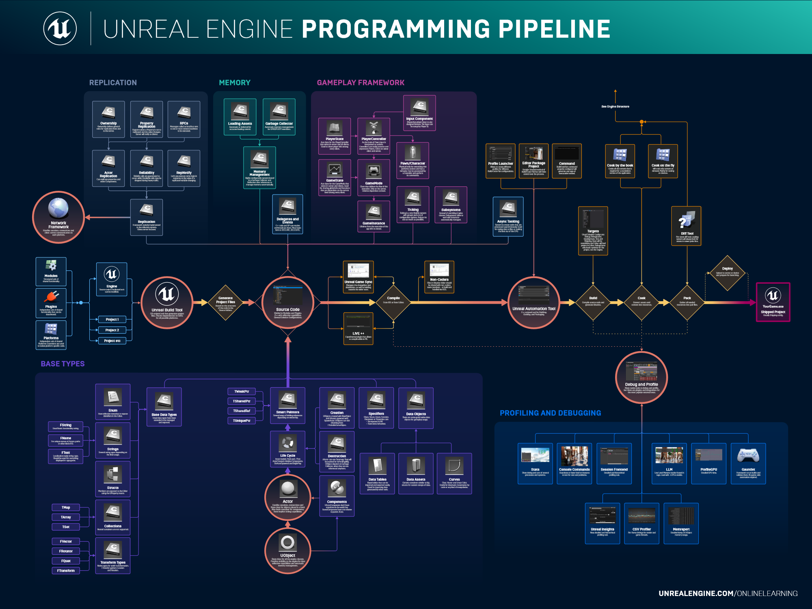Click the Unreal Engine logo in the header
tap(60, 28)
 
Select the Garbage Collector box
tap(279, 117)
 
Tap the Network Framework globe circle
tap(58, 217)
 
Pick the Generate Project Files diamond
tap(226, 302)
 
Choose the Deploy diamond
tap(727, 272)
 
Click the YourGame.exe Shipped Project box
tap(773, 302)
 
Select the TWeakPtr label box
tap(242, 391)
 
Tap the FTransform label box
tap(66, 570)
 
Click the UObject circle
tap(287, 550)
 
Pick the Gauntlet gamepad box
tap(748, 463)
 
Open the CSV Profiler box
tap(641, 523)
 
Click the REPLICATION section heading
tap(113, 83)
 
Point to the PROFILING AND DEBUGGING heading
tap(550, 413)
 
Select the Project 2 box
tap(112, 330)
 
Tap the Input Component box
tap(419, 113)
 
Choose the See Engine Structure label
tap(615, 106)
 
